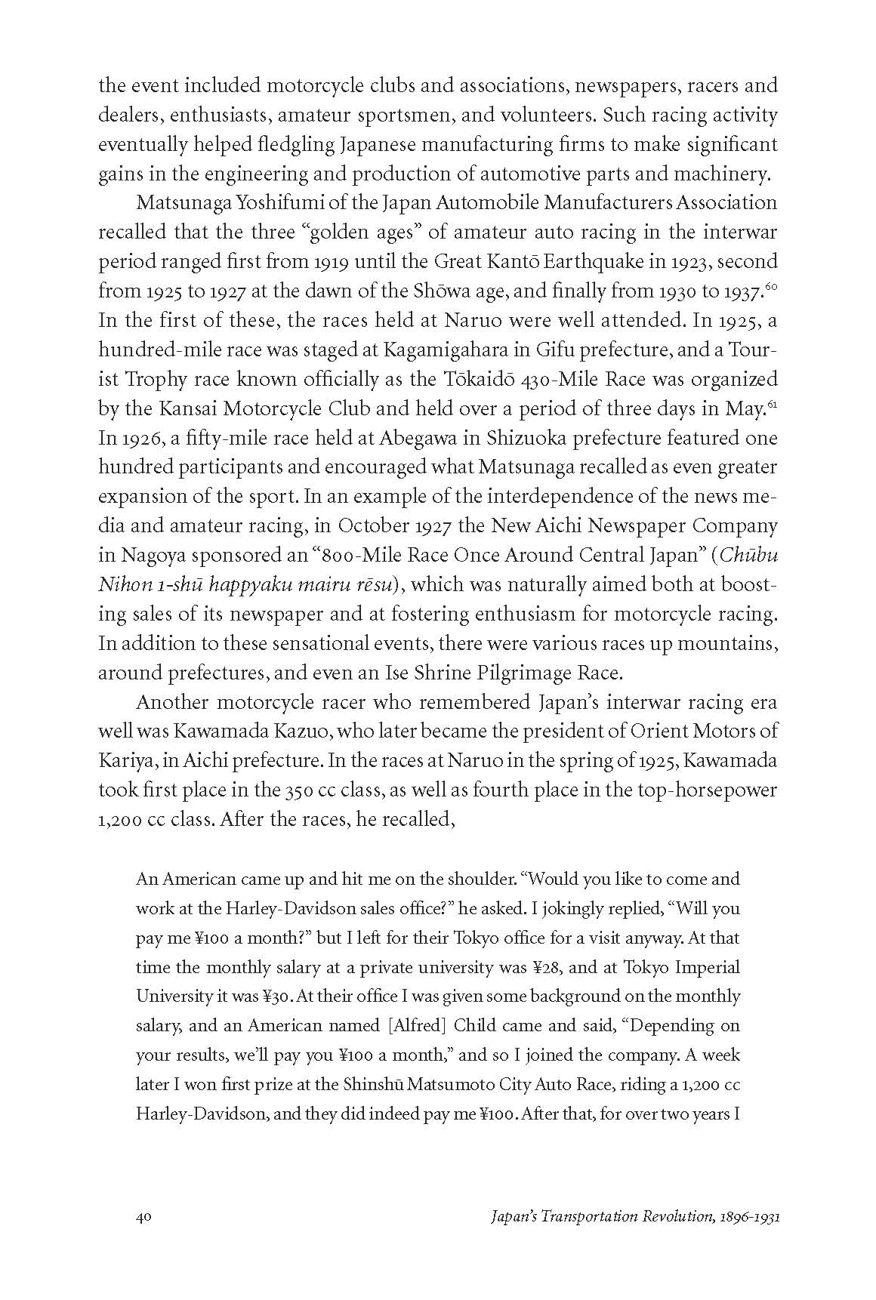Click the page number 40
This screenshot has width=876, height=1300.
[x=145, y=1216]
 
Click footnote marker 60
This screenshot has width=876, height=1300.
[x=771, y=286]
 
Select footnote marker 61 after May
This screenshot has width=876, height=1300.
[x=772, y=404]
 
